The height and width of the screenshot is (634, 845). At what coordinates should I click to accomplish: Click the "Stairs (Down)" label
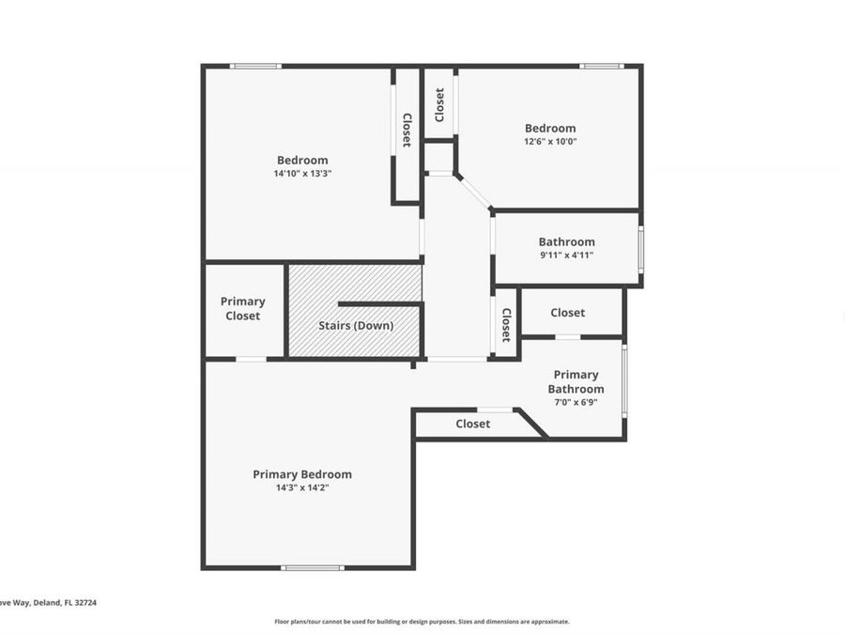[x=356, y=326]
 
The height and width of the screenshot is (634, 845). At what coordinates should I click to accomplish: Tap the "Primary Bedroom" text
[x=302, y=474]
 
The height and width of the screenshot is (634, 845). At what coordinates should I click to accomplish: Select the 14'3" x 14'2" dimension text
[x=302, y=487]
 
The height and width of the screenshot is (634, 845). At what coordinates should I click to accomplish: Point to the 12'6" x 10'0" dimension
[x=550, y=142]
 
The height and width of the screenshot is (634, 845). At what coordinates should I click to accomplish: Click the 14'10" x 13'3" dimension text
[x=302, y=174]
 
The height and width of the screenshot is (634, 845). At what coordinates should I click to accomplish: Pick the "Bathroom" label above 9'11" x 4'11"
[x=566, y=241]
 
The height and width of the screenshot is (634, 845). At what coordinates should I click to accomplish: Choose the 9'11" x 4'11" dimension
[x=566, y=255]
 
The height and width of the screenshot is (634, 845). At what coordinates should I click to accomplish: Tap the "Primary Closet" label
[x=243, y=309]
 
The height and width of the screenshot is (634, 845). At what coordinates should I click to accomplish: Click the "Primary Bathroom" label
[x=576, y=381]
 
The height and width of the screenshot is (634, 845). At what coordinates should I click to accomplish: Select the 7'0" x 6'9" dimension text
[x=576, y=402]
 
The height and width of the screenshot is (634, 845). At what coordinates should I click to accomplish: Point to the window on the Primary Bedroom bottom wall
[x=314, y=567]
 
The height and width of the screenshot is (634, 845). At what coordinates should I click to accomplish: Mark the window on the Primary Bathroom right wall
[x=624, y=382]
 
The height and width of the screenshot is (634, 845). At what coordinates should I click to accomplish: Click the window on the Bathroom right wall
[x=641, y=249]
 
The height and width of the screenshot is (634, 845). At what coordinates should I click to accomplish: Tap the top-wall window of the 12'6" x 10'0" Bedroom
[x=601, y=66]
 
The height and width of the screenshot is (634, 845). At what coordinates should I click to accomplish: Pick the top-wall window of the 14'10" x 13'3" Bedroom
[x=255, y=66]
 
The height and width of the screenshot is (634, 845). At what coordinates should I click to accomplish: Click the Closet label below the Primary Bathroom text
[x=473, y=424]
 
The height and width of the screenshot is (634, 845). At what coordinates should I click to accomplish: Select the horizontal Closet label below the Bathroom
[x=567, y=313]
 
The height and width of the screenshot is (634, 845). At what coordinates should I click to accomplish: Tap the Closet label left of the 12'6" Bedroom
[x=439, y=104]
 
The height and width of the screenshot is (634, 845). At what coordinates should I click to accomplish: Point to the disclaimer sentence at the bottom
[x=422, y=621]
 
